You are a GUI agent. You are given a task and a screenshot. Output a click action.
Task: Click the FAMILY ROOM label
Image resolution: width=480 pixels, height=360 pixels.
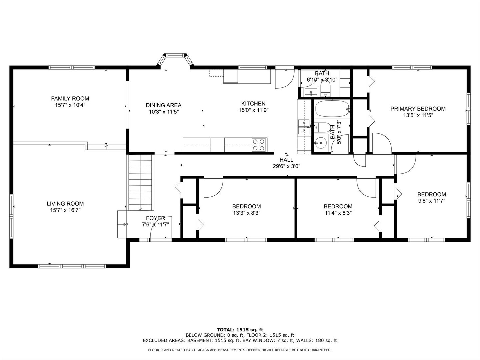(x=70, y=99)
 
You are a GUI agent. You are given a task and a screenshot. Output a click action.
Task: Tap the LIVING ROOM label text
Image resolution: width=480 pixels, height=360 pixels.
(x=65, y=204)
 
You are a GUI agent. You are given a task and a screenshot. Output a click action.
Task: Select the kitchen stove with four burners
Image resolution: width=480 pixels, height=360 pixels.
(x=259, y=145)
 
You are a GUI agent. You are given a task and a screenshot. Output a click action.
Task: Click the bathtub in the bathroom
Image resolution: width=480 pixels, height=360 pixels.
(x=332, y=109)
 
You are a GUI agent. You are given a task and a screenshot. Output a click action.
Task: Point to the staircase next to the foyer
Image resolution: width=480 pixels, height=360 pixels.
(x=140, y=183)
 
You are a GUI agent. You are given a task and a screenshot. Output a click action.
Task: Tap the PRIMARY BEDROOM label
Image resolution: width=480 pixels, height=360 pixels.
(x=418, y=109)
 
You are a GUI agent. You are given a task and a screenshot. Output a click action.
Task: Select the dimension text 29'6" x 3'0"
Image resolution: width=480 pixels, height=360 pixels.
(x=286, y=166)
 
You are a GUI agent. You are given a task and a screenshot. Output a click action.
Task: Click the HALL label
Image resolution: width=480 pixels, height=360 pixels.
(x=286, y=160)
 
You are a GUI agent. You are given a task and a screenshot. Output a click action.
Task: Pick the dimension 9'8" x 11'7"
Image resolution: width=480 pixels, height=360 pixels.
(x=432, y=201)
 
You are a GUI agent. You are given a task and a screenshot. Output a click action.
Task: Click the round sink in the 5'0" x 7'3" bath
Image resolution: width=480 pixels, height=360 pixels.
(x=321, y=143)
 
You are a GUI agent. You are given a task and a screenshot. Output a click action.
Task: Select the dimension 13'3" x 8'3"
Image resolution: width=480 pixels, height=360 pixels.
(x=247, y=213)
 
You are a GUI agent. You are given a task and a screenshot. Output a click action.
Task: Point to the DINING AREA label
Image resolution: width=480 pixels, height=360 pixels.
(x=164, y=105)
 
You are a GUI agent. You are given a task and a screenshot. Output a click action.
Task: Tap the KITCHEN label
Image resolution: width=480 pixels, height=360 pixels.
(x=253, y=104)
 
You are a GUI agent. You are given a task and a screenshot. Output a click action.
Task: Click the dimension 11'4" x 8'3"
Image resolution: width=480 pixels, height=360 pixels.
(x=338, y=213)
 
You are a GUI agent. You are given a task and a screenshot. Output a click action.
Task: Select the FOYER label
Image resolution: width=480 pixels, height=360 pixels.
(x=155, y=218)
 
